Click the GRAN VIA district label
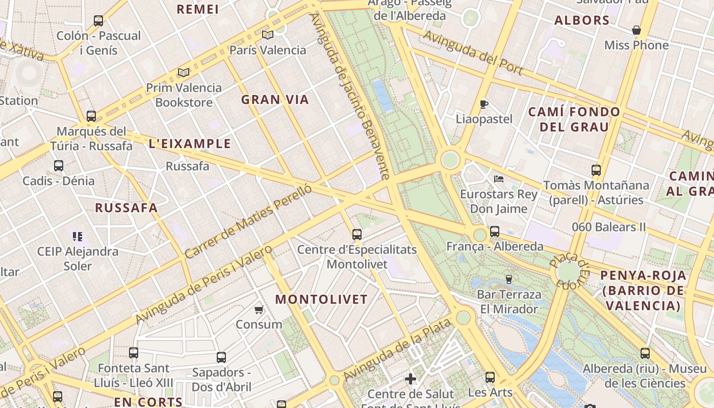pos(275,100)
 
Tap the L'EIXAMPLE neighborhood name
pos(190,144)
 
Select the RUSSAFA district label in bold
pos(126,208)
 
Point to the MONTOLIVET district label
pos(321,300)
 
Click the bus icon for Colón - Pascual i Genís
pos(98,21)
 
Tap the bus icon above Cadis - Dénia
pos(59,166)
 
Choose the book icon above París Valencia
pos(268,35)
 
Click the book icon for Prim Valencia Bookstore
pos(184,73)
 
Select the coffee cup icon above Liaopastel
pos(484,105)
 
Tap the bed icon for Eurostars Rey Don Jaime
pos(499,179)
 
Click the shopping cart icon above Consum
pos(259,310)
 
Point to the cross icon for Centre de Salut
pos(411,379)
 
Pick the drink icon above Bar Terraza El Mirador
pos(508,279)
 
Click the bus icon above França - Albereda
pos(495,232)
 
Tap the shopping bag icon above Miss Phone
pos(636,31)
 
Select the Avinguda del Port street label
pos(473,53)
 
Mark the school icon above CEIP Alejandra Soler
pos(78,236)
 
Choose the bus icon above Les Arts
pos(490,377)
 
